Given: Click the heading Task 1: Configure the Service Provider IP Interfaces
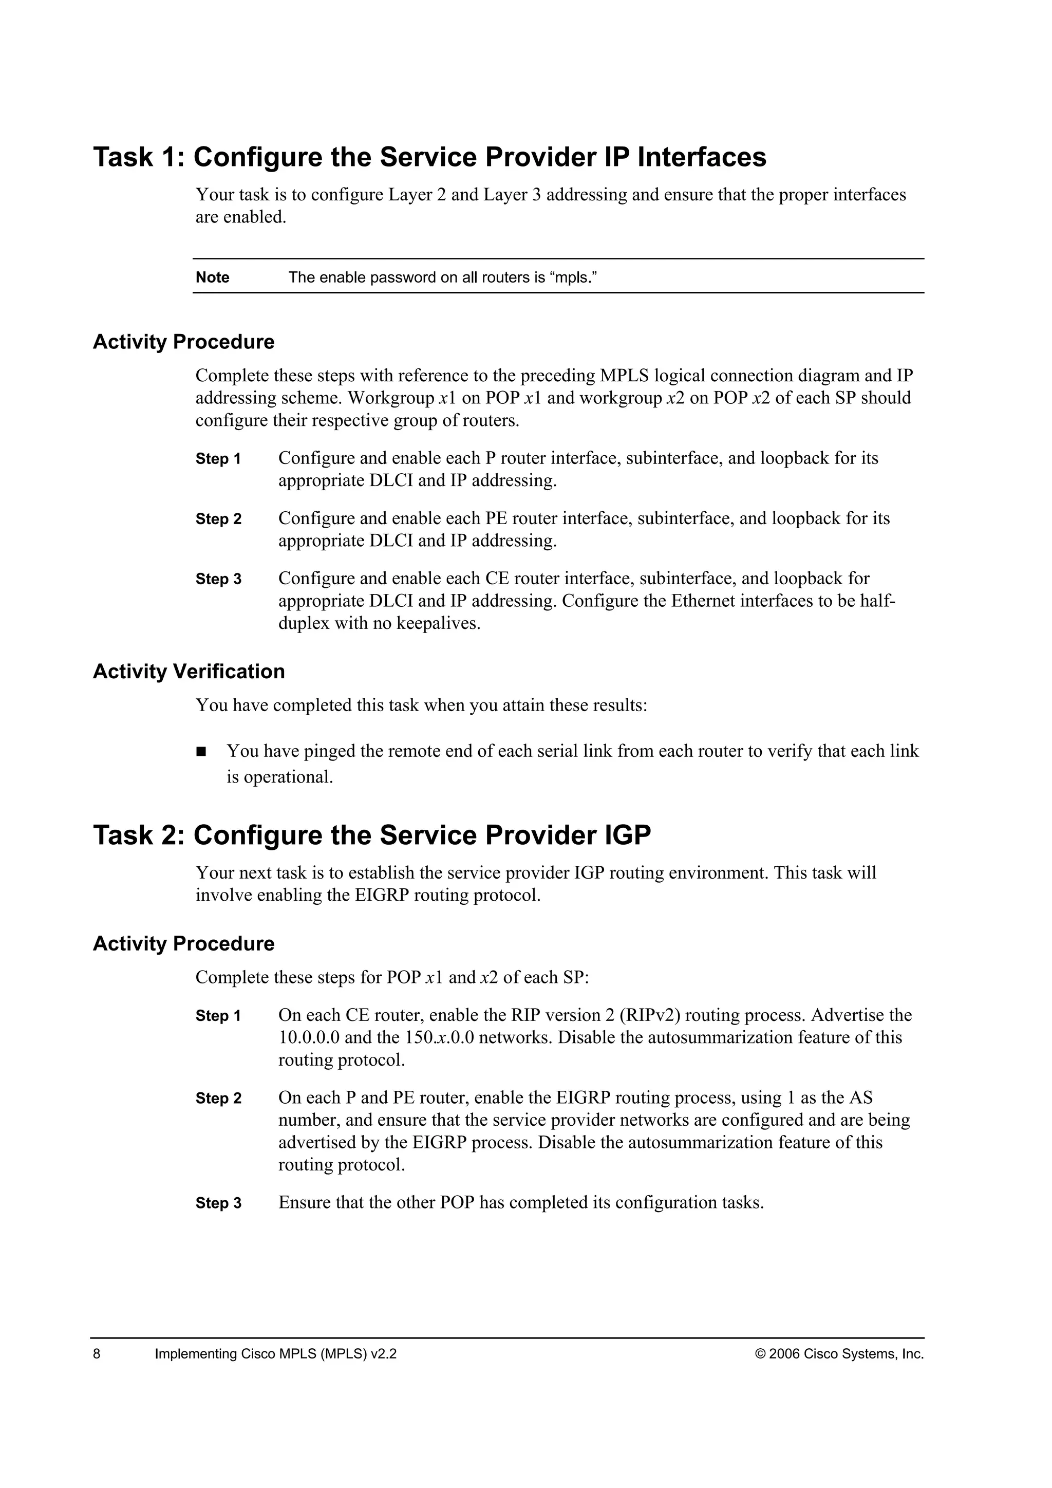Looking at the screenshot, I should click(429, 158).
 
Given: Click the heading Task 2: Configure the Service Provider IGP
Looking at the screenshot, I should click(372, 835).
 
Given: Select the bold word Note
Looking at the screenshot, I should click(213, 277).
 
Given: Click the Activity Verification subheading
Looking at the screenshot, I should click(189, 672).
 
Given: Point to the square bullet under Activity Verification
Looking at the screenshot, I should click(201, 752).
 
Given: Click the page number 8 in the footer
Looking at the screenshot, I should click(97, 1354).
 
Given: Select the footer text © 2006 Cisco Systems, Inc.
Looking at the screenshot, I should click(839, 1354).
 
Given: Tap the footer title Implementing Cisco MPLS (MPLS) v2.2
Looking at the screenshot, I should click(275, 1354).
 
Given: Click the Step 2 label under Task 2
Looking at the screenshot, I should click(218, 1099).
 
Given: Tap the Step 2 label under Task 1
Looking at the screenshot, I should click(218, 519).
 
